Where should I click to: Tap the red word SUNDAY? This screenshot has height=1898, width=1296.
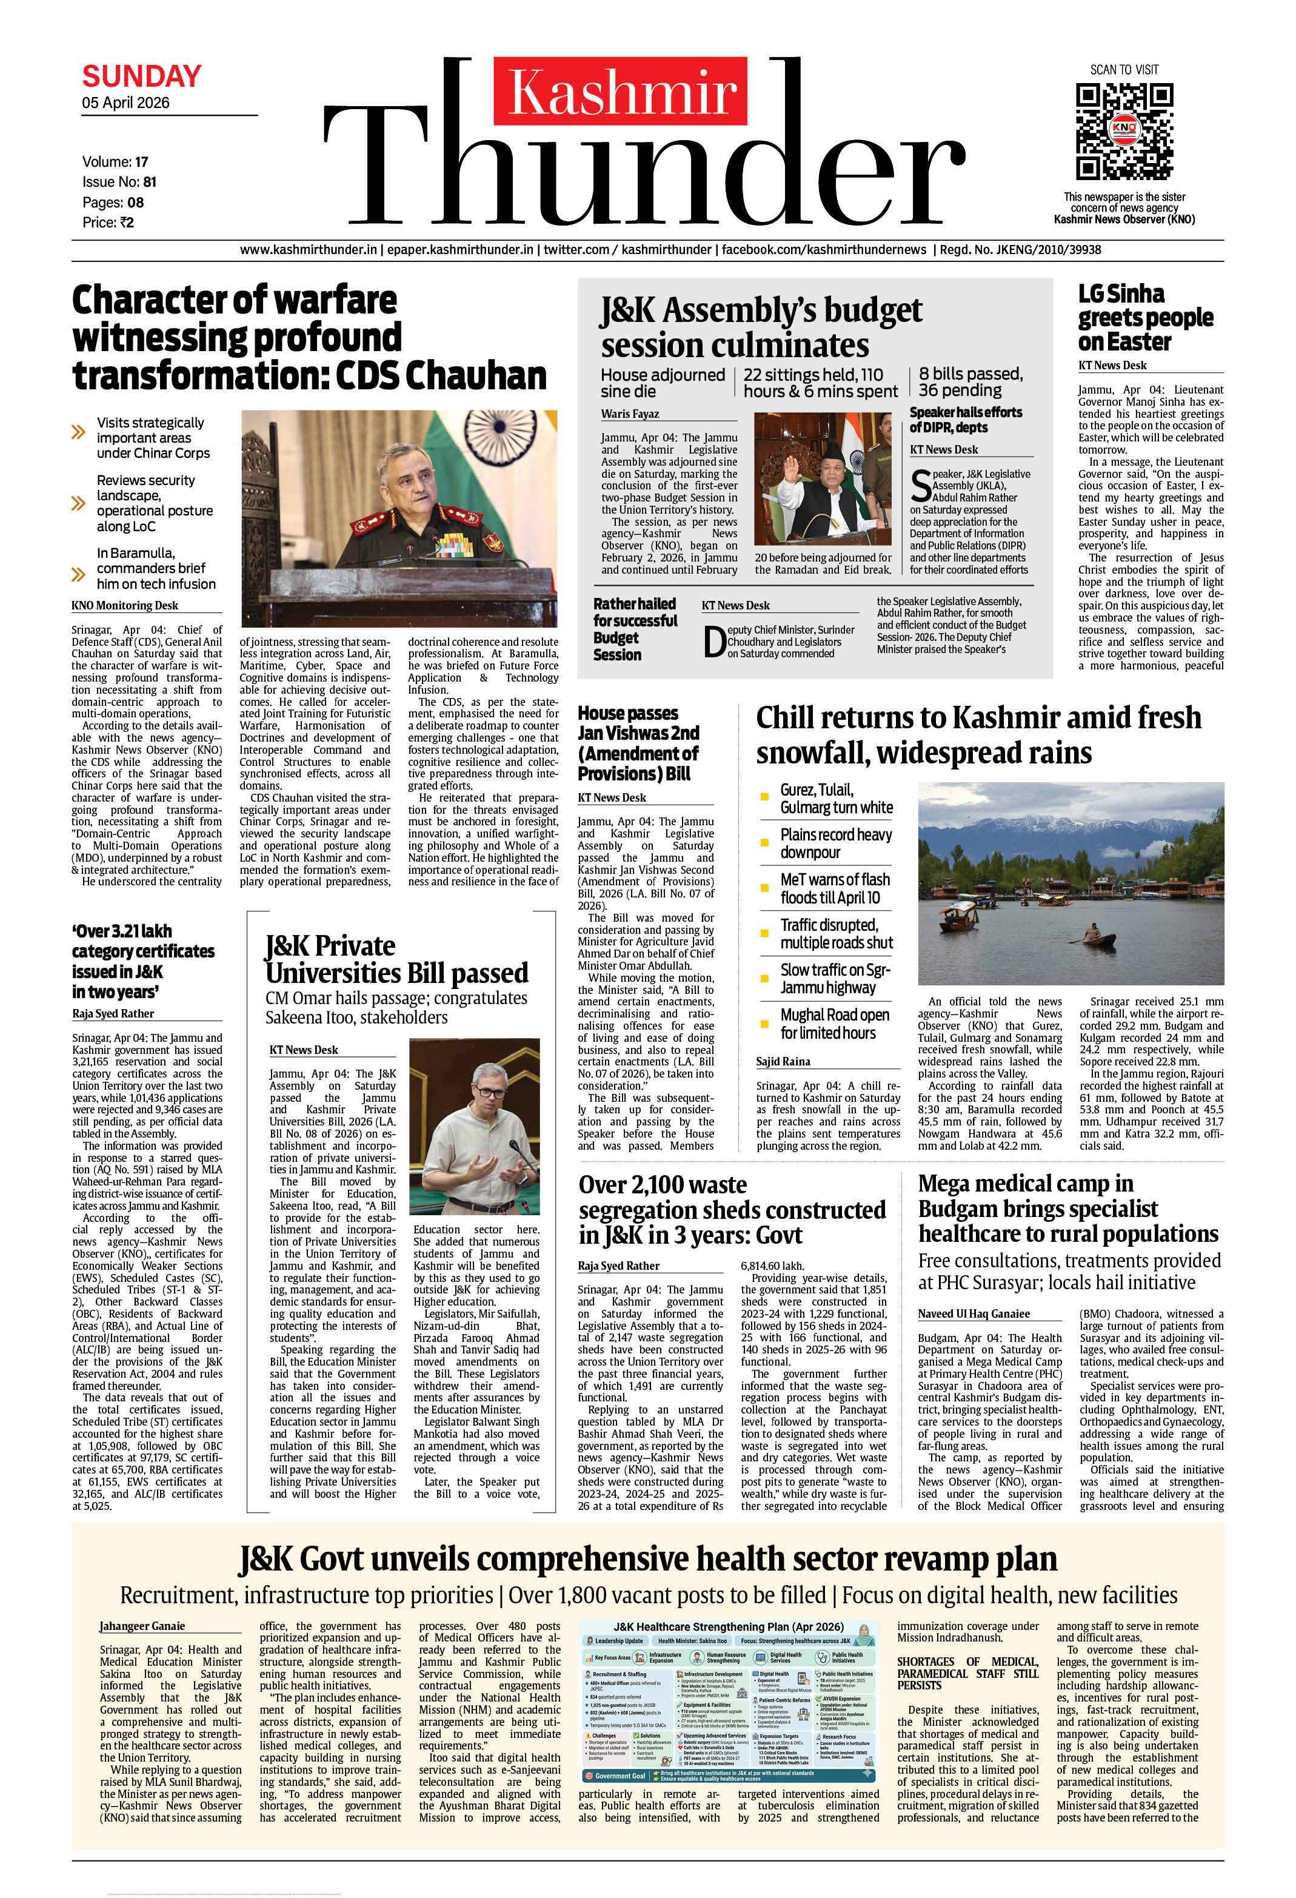point(141,77)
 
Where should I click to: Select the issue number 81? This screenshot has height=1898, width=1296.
point(150,182)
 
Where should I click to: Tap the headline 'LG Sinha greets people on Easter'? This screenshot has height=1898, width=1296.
point(1145,318)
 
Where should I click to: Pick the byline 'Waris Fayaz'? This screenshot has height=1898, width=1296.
point(630,414)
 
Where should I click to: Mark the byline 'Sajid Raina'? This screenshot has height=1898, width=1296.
point(783,1062)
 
